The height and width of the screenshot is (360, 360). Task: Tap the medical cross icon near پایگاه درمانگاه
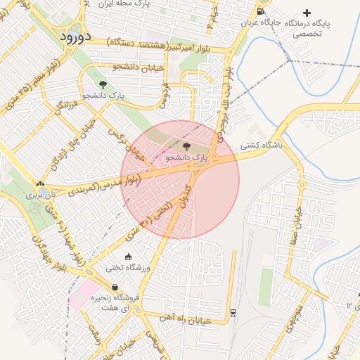[x=307, y=13]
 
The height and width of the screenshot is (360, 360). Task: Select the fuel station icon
[x=261, y=12]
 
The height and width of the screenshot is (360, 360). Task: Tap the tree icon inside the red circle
[x=186, y=146]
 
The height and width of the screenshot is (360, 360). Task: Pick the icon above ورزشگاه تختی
[x=128, y=256]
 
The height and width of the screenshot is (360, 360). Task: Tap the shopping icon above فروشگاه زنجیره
[x=115, y=287]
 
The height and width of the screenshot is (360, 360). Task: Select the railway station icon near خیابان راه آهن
[x=233, y=312]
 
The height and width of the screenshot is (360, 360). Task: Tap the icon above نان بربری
[x=40, y=184]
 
